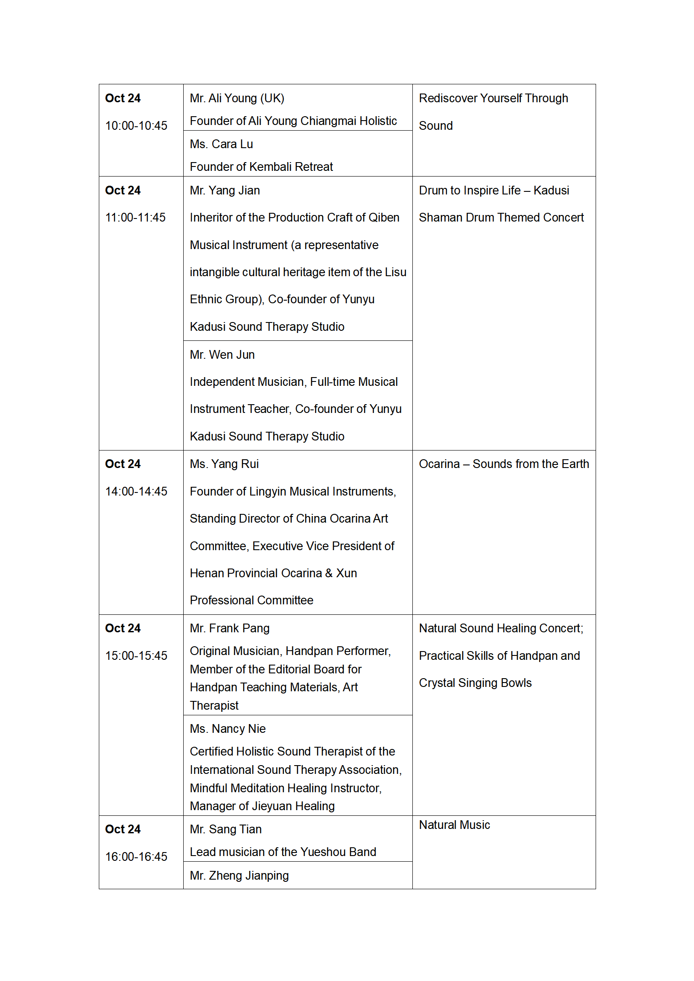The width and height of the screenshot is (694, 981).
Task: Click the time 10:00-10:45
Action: click(136, 126)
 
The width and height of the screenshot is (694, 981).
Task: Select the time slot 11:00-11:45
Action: click(135, 218)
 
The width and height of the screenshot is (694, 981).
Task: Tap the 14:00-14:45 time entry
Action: click(136, 492)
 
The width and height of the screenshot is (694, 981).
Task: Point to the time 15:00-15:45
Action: click(136, 656)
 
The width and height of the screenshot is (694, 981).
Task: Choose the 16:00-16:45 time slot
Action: click(136, 857)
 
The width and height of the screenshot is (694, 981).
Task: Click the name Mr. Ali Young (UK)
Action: click(237, 98)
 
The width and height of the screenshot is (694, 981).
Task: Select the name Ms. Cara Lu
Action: click(221, 144)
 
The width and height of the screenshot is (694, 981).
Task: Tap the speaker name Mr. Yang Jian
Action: click(225, 191)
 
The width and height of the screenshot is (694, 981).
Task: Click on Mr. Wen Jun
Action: click(222, 355)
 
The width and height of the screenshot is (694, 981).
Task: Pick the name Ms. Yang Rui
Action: click(224, 464)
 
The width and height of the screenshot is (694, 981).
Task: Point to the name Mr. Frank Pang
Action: click(230, 628)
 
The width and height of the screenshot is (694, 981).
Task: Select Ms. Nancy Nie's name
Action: click(228, 729)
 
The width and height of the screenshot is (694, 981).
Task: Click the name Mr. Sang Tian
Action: click(226, 829)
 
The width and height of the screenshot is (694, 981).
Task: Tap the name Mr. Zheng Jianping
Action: click(239, 876)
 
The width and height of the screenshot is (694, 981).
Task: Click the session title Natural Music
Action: click(454, 825)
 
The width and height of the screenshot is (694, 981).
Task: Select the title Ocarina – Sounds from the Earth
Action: click(504, 464)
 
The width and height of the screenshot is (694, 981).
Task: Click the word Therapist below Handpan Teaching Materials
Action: click(214, 706)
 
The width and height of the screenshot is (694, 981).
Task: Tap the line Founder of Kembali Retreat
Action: click(261, 167)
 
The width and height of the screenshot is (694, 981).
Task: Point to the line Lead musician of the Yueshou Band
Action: click(283, 852)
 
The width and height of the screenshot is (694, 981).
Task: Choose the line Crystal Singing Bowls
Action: click(475, 683)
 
